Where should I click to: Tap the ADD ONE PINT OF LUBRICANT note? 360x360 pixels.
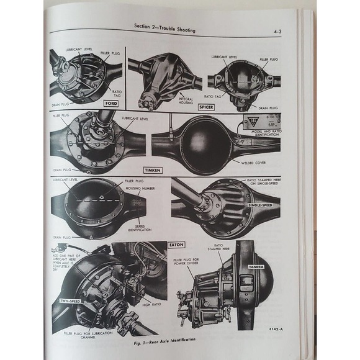(64, 263)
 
